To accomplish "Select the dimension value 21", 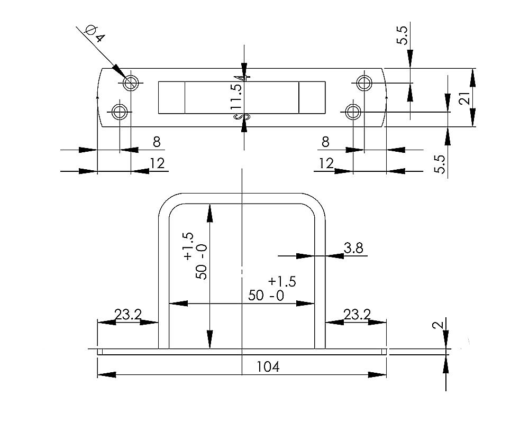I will point(464,98).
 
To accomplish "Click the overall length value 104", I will point(267,366).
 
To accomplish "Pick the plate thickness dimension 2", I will point(437,324).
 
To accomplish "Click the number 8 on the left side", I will point(156,142).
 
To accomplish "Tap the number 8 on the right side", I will point(325,142).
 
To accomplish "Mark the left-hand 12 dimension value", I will point(157,163).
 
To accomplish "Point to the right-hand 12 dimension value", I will point(326,163).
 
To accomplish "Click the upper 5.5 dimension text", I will point(403,35).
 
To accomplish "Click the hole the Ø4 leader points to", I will point(131,82).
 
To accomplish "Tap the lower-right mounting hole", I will point(353,112).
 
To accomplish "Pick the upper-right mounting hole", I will point(364,82).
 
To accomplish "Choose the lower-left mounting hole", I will point(120,112).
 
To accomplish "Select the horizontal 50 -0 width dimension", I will point(266,295).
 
